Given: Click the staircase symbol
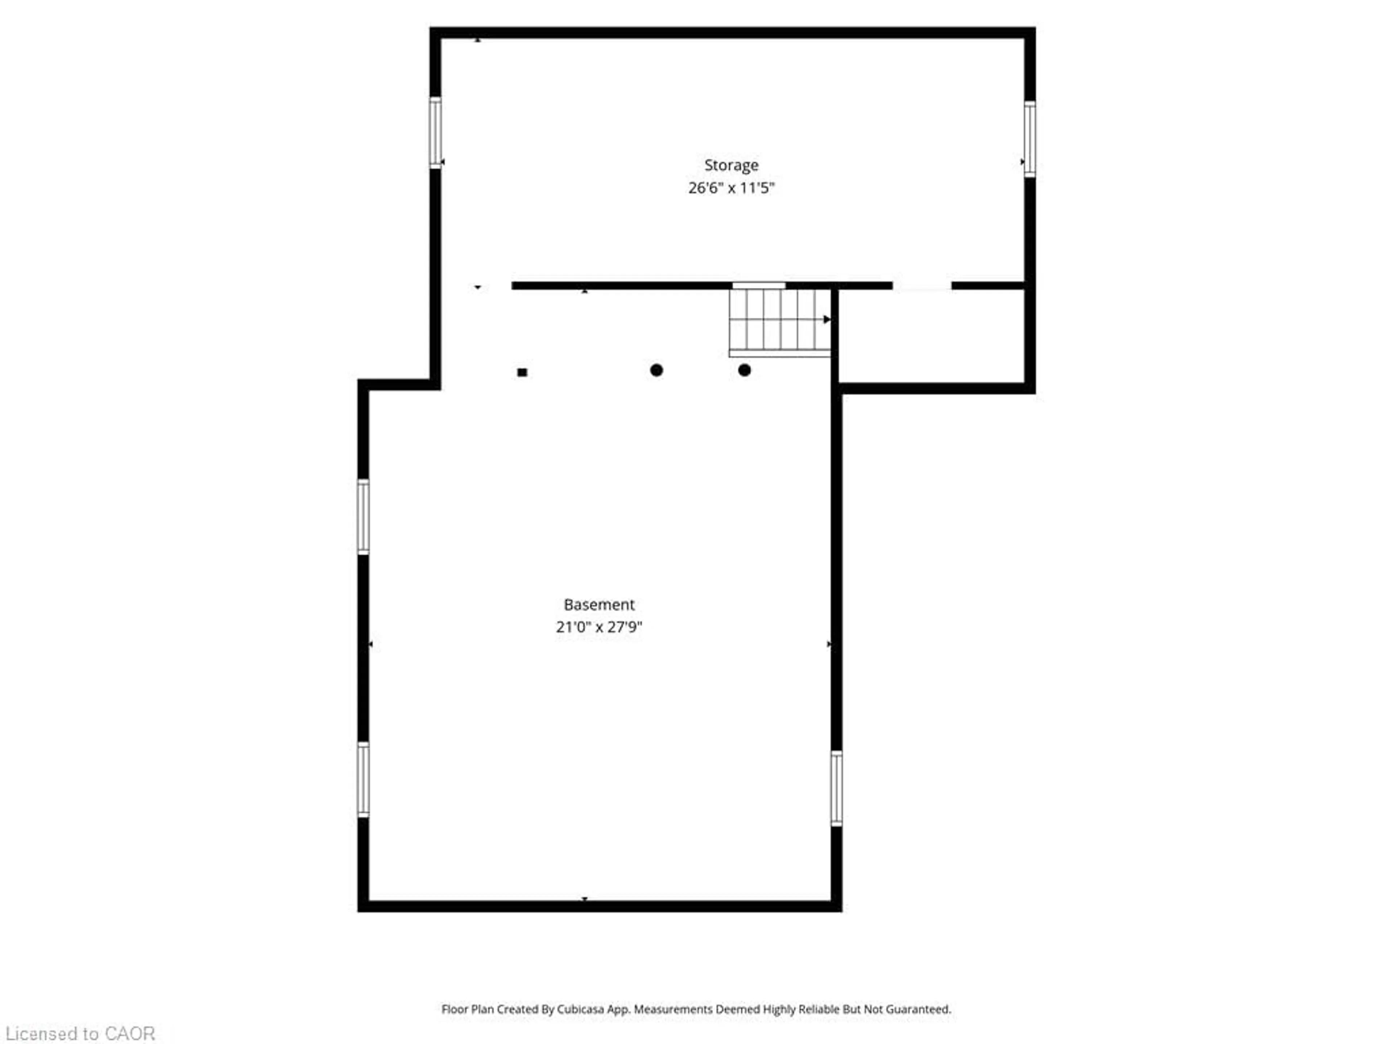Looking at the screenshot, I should pyautogui.click(x=779, y=321).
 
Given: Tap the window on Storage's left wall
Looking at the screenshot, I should pyautogui.click(x=435, y=132).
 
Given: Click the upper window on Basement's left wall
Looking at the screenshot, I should pyautogui.click(x=363, y=516).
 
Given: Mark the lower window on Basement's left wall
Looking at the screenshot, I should pyautogui.click(x=363, y=779).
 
